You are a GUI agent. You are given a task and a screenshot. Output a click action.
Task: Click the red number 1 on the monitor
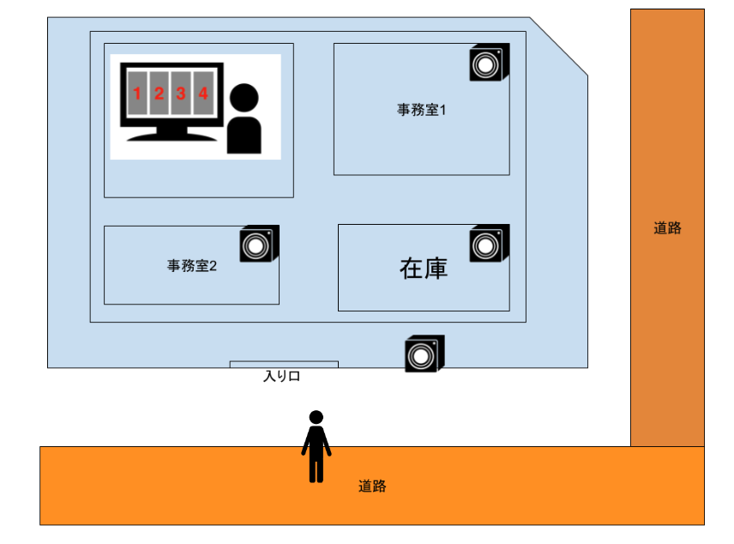point(136,94)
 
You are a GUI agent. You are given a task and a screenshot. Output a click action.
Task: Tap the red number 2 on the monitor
point(159,94)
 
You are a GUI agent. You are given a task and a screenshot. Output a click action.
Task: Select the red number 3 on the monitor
point(181,94)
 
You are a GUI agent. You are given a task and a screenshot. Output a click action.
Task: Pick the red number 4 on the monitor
point(203,94)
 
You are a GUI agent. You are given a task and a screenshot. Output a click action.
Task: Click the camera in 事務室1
point(489,63)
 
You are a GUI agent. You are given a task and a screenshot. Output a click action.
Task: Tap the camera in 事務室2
point(258,245)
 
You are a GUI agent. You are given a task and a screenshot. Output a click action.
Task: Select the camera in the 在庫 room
point(489,245)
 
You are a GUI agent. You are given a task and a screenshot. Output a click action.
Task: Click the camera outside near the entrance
point(424,354)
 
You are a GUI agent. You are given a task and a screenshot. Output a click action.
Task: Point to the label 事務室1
point(421,110)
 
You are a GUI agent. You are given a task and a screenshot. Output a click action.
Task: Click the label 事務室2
point(191,266)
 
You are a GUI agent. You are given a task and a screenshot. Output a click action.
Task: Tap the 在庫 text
point(424,269)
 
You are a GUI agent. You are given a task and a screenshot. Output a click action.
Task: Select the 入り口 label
point(281,376)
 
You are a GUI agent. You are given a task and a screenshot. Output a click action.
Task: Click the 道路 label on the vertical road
point(667,228)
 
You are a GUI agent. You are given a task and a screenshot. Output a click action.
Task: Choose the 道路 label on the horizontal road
point(372,487)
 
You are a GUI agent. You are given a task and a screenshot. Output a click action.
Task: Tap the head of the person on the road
point(316,417)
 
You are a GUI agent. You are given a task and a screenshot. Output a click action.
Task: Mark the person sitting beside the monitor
point(244,120)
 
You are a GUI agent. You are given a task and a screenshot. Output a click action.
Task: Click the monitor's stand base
point(169,136)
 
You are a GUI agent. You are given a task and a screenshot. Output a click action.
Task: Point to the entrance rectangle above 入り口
point(284,365)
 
